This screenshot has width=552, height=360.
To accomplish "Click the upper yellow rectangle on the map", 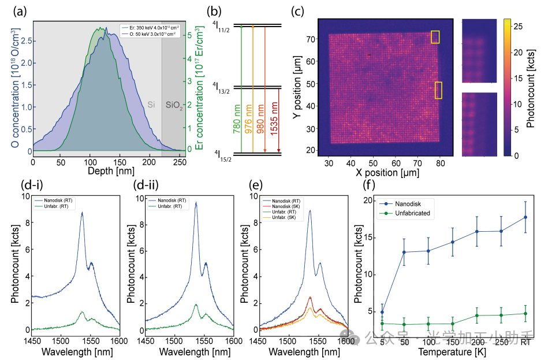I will [435, 37].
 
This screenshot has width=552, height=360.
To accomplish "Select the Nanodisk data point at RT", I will [525, 217].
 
